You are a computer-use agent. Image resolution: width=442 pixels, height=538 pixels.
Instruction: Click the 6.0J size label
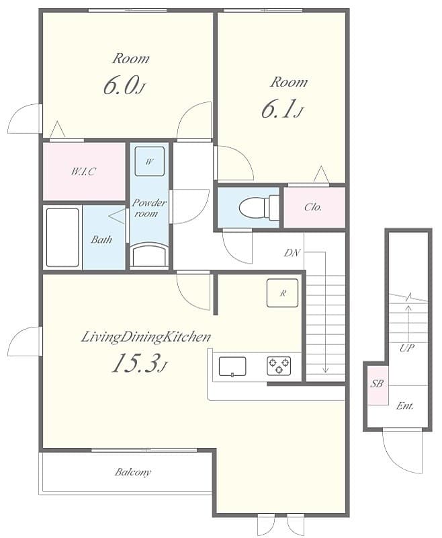click(x=123, y=86)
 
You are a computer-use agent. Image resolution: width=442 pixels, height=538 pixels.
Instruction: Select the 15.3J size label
click(x=138, y=364)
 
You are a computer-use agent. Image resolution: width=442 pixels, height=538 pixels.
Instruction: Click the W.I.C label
click(x=83, y=171)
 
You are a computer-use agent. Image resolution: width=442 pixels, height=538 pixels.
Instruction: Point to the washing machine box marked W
click(x=149, y=161)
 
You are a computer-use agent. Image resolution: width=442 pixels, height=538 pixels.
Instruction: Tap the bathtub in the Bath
click(x=62, y=237)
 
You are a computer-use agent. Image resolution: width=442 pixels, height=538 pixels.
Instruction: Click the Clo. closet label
click(x=313, y=207)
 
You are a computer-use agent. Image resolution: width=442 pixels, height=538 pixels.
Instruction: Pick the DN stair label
click(x=292, y=253)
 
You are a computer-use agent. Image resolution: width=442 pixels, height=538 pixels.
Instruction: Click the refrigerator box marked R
click(x=282, y=293)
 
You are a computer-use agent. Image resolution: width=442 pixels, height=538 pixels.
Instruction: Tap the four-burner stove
click(x=279, y=366)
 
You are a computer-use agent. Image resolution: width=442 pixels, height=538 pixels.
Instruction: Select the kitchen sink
click(x=232, y=366)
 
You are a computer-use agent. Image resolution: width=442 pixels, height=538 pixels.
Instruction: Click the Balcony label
click(x=132, y=472)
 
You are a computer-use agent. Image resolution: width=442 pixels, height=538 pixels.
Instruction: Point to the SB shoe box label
click(x=376, y=385)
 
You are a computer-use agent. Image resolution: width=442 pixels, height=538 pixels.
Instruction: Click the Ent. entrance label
click(x=404, y=406)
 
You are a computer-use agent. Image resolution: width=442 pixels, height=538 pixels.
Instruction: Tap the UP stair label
click(x=406, y=348)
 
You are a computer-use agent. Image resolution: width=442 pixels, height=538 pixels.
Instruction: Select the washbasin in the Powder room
click(x=149, y=256)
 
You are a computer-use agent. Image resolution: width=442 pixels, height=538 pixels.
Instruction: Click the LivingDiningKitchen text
click(x=146, y=337)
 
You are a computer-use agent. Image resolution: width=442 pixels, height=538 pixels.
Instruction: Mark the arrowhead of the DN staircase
click(x=326, y=369)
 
